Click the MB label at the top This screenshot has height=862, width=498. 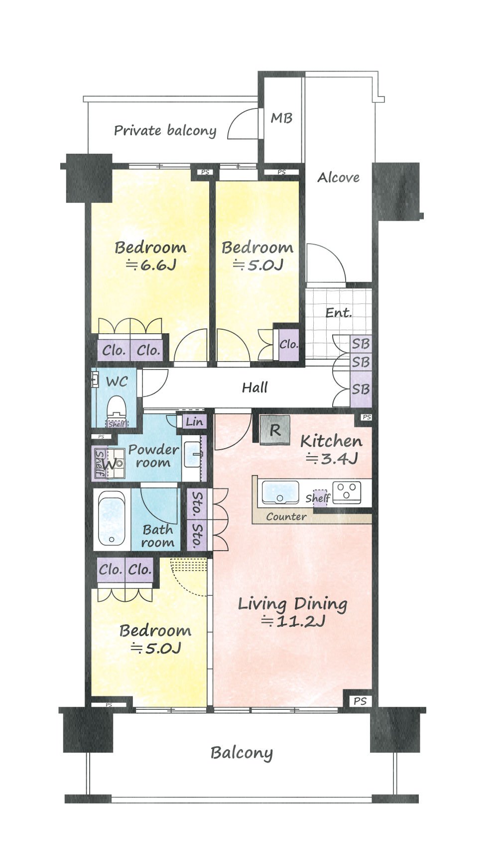click(x=281, y=118)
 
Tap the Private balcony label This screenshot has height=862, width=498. click(x=165, y=131)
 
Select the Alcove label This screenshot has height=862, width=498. click(x=339, y=178)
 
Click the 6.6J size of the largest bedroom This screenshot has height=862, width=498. click(x=151, y=265)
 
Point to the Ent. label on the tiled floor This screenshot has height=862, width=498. click(x=339, y=313)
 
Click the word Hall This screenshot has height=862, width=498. click(x=255, y=387)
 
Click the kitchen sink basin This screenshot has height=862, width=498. click(x=280, y=492)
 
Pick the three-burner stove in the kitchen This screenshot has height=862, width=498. click(x=347, y=492)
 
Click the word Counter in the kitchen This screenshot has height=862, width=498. click(x=286, y=517)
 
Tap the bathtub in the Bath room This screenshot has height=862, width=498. click(x=112, y=519)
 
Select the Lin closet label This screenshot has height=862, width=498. click(x=194, y=422)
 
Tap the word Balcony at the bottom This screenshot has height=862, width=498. click(x=242, y=753)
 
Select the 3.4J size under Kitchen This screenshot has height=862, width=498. click(x=332, y=459)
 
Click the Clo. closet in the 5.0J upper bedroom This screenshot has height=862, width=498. click(x=289, y=344)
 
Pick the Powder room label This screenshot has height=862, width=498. click(x=153, y=456)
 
